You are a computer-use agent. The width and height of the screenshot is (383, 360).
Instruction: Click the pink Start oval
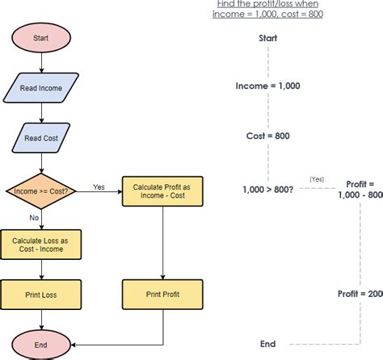pos(40,38)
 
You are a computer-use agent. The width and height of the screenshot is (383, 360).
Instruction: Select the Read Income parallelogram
pos(40,88)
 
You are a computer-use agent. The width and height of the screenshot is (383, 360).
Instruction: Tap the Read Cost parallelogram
pos(40,138)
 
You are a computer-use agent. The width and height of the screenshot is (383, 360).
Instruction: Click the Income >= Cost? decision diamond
pos(40,190)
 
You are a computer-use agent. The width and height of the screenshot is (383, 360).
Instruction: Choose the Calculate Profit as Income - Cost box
pos(163,191)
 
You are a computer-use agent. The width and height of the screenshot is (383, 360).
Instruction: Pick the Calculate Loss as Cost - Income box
pos(40,245)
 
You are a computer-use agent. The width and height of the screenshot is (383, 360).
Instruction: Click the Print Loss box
pos(40,295)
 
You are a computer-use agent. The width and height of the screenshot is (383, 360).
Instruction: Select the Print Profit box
pos(163,295)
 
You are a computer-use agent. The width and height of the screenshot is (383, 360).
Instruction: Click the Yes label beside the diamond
pos(99,186)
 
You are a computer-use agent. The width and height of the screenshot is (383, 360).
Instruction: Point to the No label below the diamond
pos(35,218)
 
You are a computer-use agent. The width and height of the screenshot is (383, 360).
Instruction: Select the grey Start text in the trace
pos(268,38)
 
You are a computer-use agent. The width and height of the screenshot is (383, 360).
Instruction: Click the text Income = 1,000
pos(267,85)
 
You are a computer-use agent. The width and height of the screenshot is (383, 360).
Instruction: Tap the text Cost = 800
pos(267,136)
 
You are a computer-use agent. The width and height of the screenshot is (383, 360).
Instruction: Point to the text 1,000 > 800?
pos(267,189)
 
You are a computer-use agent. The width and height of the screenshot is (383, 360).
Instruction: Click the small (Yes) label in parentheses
pos(317,179)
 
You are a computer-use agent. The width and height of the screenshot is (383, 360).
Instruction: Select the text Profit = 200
pos(360,295)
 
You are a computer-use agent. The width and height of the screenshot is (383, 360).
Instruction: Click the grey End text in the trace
pos(267,344)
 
